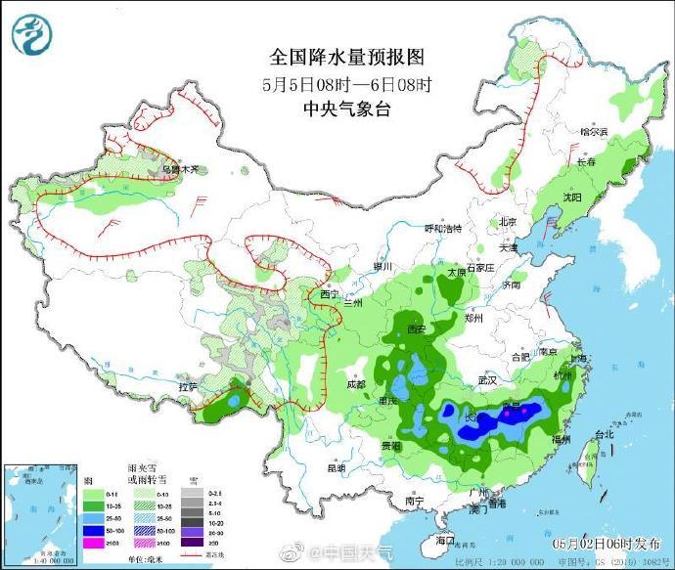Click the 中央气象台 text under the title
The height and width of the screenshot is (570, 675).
pos(347,109)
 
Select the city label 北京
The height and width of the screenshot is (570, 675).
pos(506,222)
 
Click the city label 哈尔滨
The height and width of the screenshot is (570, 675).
pos(594,131)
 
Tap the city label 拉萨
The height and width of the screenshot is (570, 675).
pos(188,388)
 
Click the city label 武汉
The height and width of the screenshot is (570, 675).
pos(488,379)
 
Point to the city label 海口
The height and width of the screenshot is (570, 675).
pos(445,539)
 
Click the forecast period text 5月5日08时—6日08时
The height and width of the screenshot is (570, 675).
pos(347,84)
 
